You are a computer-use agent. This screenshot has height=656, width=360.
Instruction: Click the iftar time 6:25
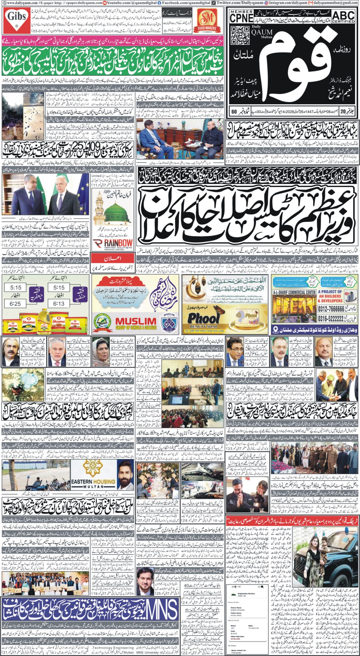(16, 303)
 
